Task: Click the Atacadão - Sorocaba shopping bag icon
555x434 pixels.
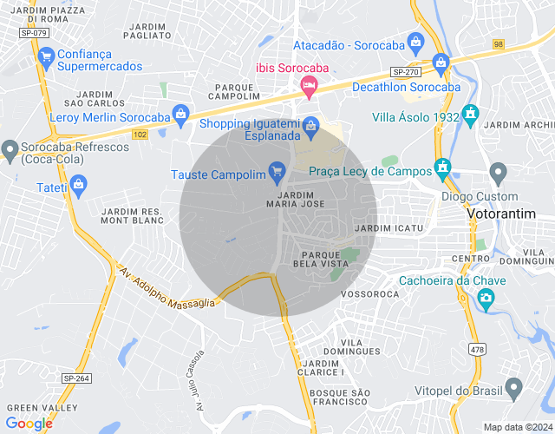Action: click(x=415, y=41)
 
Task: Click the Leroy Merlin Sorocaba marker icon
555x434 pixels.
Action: click(x=180, y=113)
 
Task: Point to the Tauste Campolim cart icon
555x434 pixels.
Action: click(x=277, y=170)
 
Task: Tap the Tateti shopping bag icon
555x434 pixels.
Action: click(x=78, y=184)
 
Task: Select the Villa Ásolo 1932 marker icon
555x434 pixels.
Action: click(x=470, y=114)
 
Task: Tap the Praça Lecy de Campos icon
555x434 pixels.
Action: click(x=442, y=167)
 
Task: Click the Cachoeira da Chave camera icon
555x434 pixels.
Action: click(x=486, y=299)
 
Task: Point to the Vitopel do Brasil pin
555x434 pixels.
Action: click(x=514, y=387)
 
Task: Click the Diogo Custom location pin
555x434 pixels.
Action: click(x=498, y=171)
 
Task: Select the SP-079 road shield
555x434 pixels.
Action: click(x=34, y=33)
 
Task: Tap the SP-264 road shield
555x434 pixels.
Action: click(x=76, y=378)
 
